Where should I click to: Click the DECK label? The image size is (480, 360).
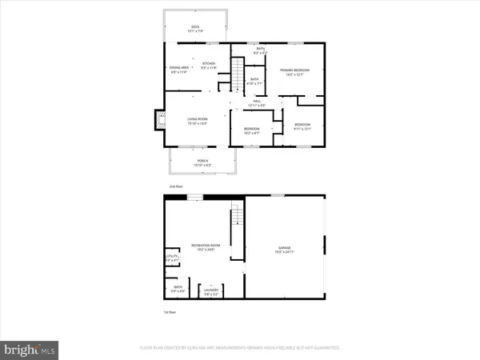pyautogui.click(x=195, y=26)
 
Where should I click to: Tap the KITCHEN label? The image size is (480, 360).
pyautogui.click(x=209, y=63)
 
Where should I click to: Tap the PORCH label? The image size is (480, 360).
pyautogui.click(x=203, y=161)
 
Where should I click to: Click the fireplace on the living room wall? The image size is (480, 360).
pyautogui.click(x=158, y=120)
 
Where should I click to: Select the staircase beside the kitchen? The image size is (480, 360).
pyautogui.click(x=238, y=74)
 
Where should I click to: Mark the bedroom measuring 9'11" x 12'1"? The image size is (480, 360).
pyautogui.click(x=302, y=126)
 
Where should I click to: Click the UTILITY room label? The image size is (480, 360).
pyautogui.click(x=170, y=257)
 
